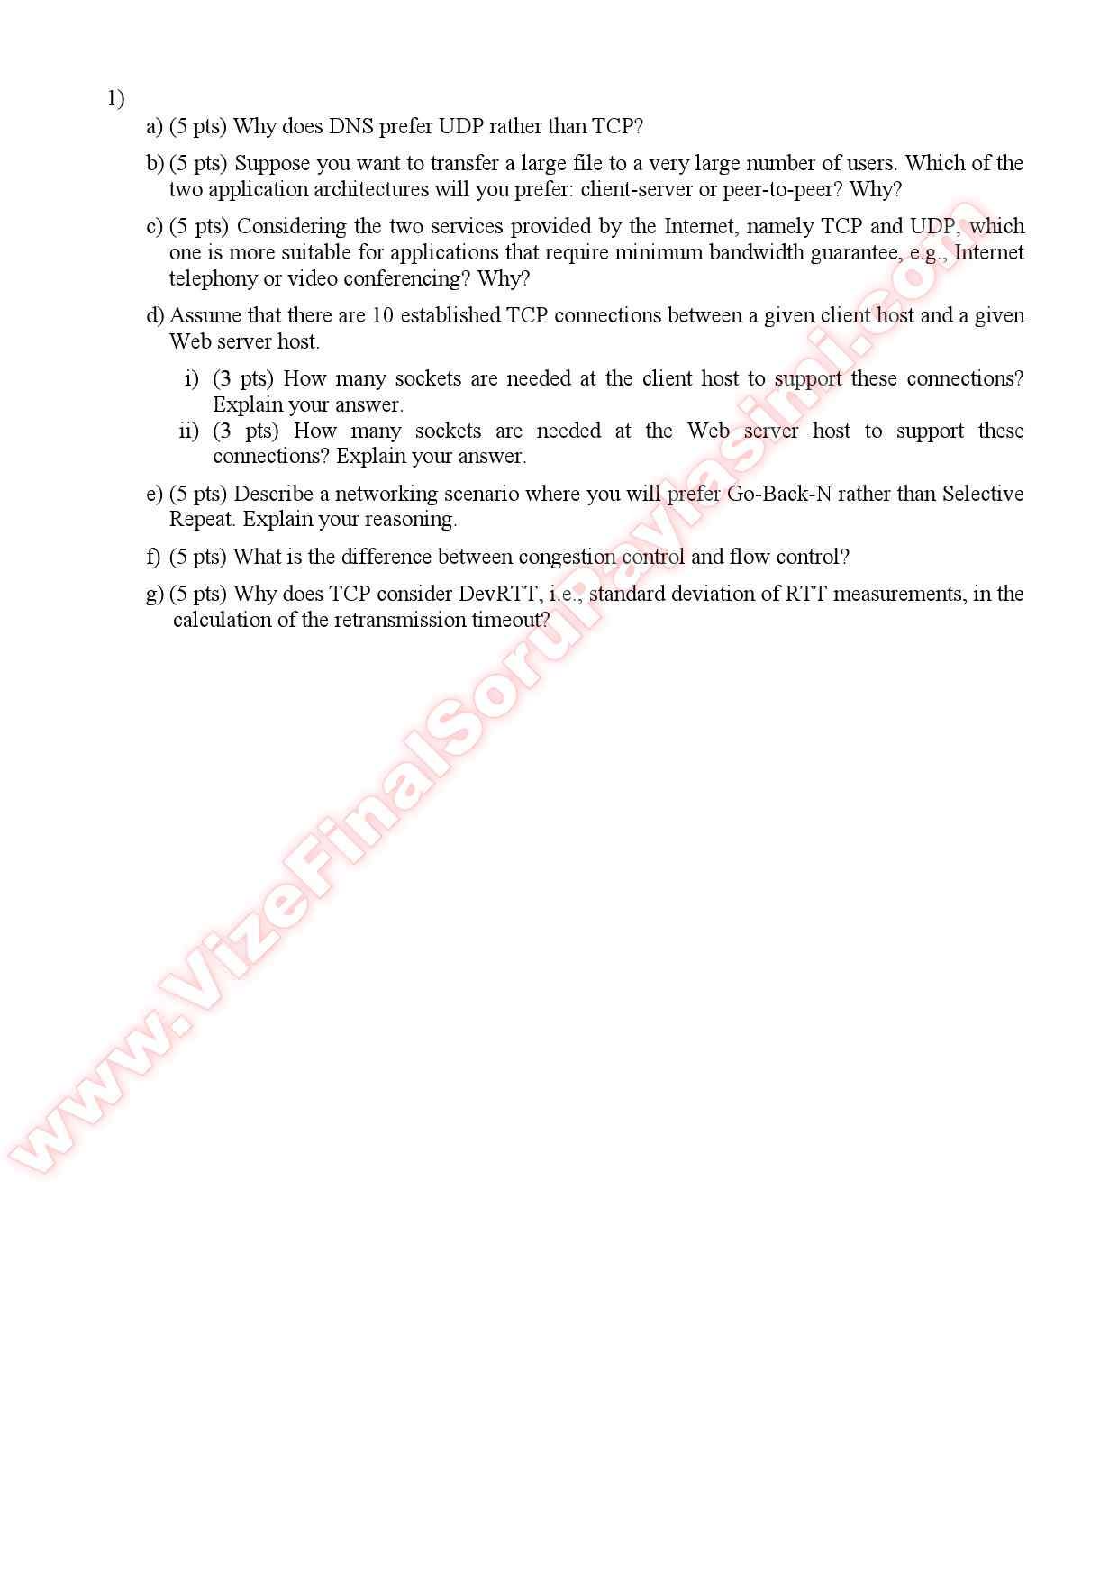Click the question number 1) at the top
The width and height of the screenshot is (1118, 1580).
pyautogui.click(x=115, y=98)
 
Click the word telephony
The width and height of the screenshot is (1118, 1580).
pyautogui.click(x=213, y=278)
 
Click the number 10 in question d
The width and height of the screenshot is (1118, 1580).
pyautogui.click(x=382, y=315)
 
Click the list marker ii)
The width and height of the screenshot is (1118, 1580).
pyautogui.click(x=188, y=431)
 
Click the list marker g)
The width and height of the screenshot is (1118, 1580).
pyautogui.click(x=155, y=594)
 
